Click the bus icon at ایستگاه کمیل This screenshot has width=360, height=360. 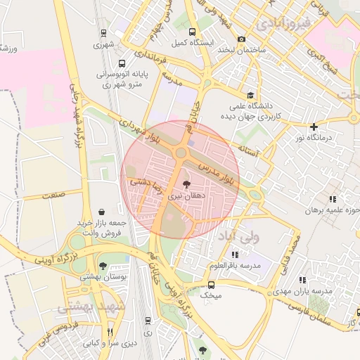tap(193, 32)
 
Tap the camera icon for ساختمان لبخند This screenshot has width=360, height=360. tap(242, 39)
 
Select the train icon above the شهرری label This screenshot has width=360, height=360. tap(103, 32)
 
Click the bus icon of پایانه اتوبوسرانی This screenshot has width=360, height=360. tap(122, 63)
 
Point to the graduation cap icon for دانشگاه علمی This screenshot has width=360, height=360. tap(251, 95)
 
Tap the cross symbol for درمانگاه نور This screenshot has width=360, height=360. tap(314, 127)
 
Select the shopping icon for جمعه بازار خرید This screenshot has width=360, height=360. tap(103, 211)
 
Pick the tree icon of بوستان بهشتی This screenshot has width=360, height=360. tap(103, 265)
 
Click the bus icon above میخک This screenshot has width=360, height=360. tap(212, 284)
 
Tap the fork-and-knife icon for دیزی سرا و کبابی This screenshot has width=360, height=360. tap(109, 332)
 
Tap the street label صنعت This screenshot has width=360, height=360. tap(53, 193)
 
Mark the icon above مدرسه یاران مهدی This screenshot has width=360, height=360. tap(302, 279)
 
